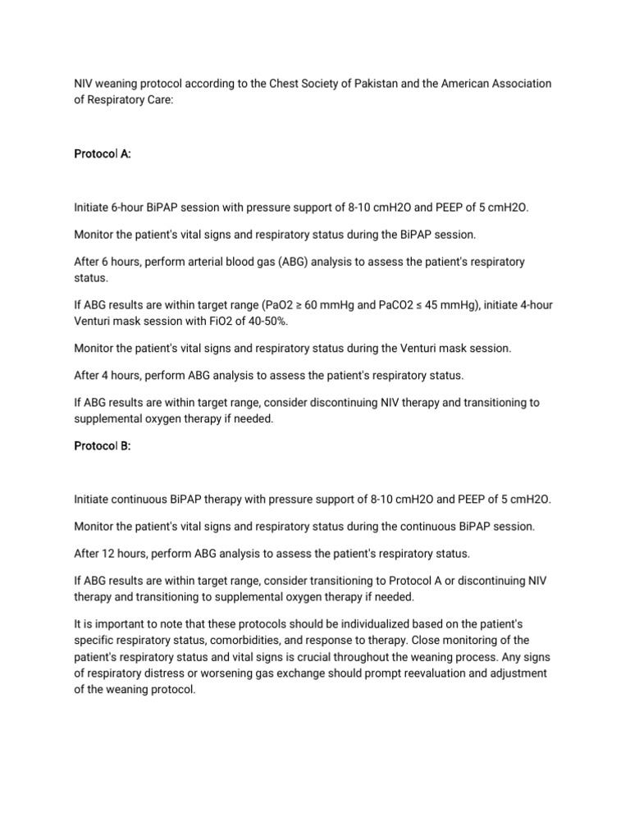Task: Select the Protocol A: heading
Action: pyautogui.click(x=102, y=153)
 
